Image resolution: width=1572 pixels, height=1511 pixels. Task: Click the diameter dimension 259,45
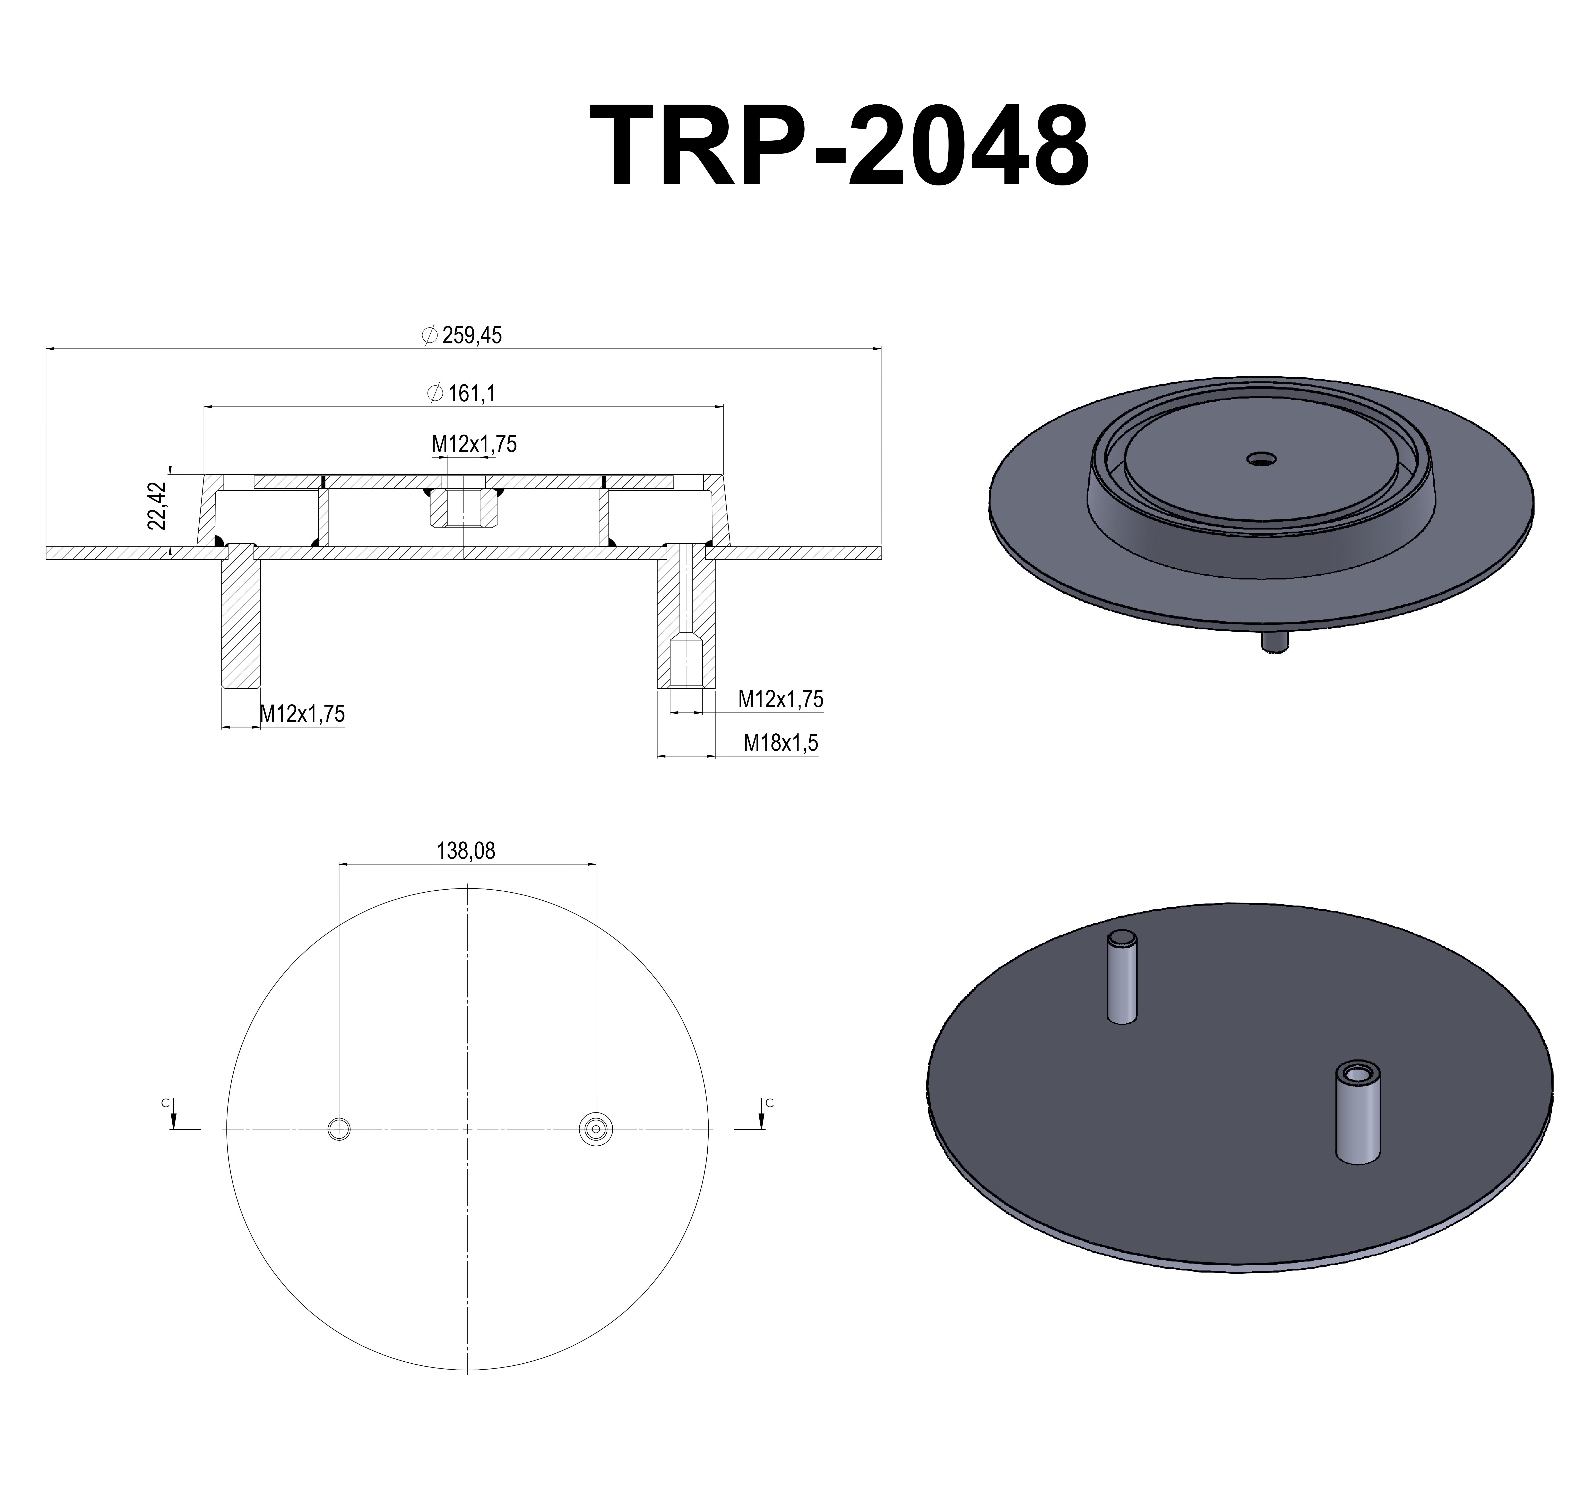[464, 335]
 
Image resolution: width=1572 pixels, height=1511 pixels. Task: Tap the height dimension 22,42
[157, 505]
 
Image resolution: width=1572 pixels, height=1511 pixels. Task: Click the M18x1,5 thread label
[780, 743]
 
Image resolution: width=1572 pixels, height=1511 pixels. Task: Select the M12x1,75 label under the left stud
[302, 713]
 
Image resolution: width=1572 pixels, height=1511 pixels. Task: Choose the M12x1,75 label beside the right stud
[780, 699]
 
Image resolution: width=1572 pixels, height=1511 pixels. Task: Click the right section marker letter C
[769, 1104]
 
